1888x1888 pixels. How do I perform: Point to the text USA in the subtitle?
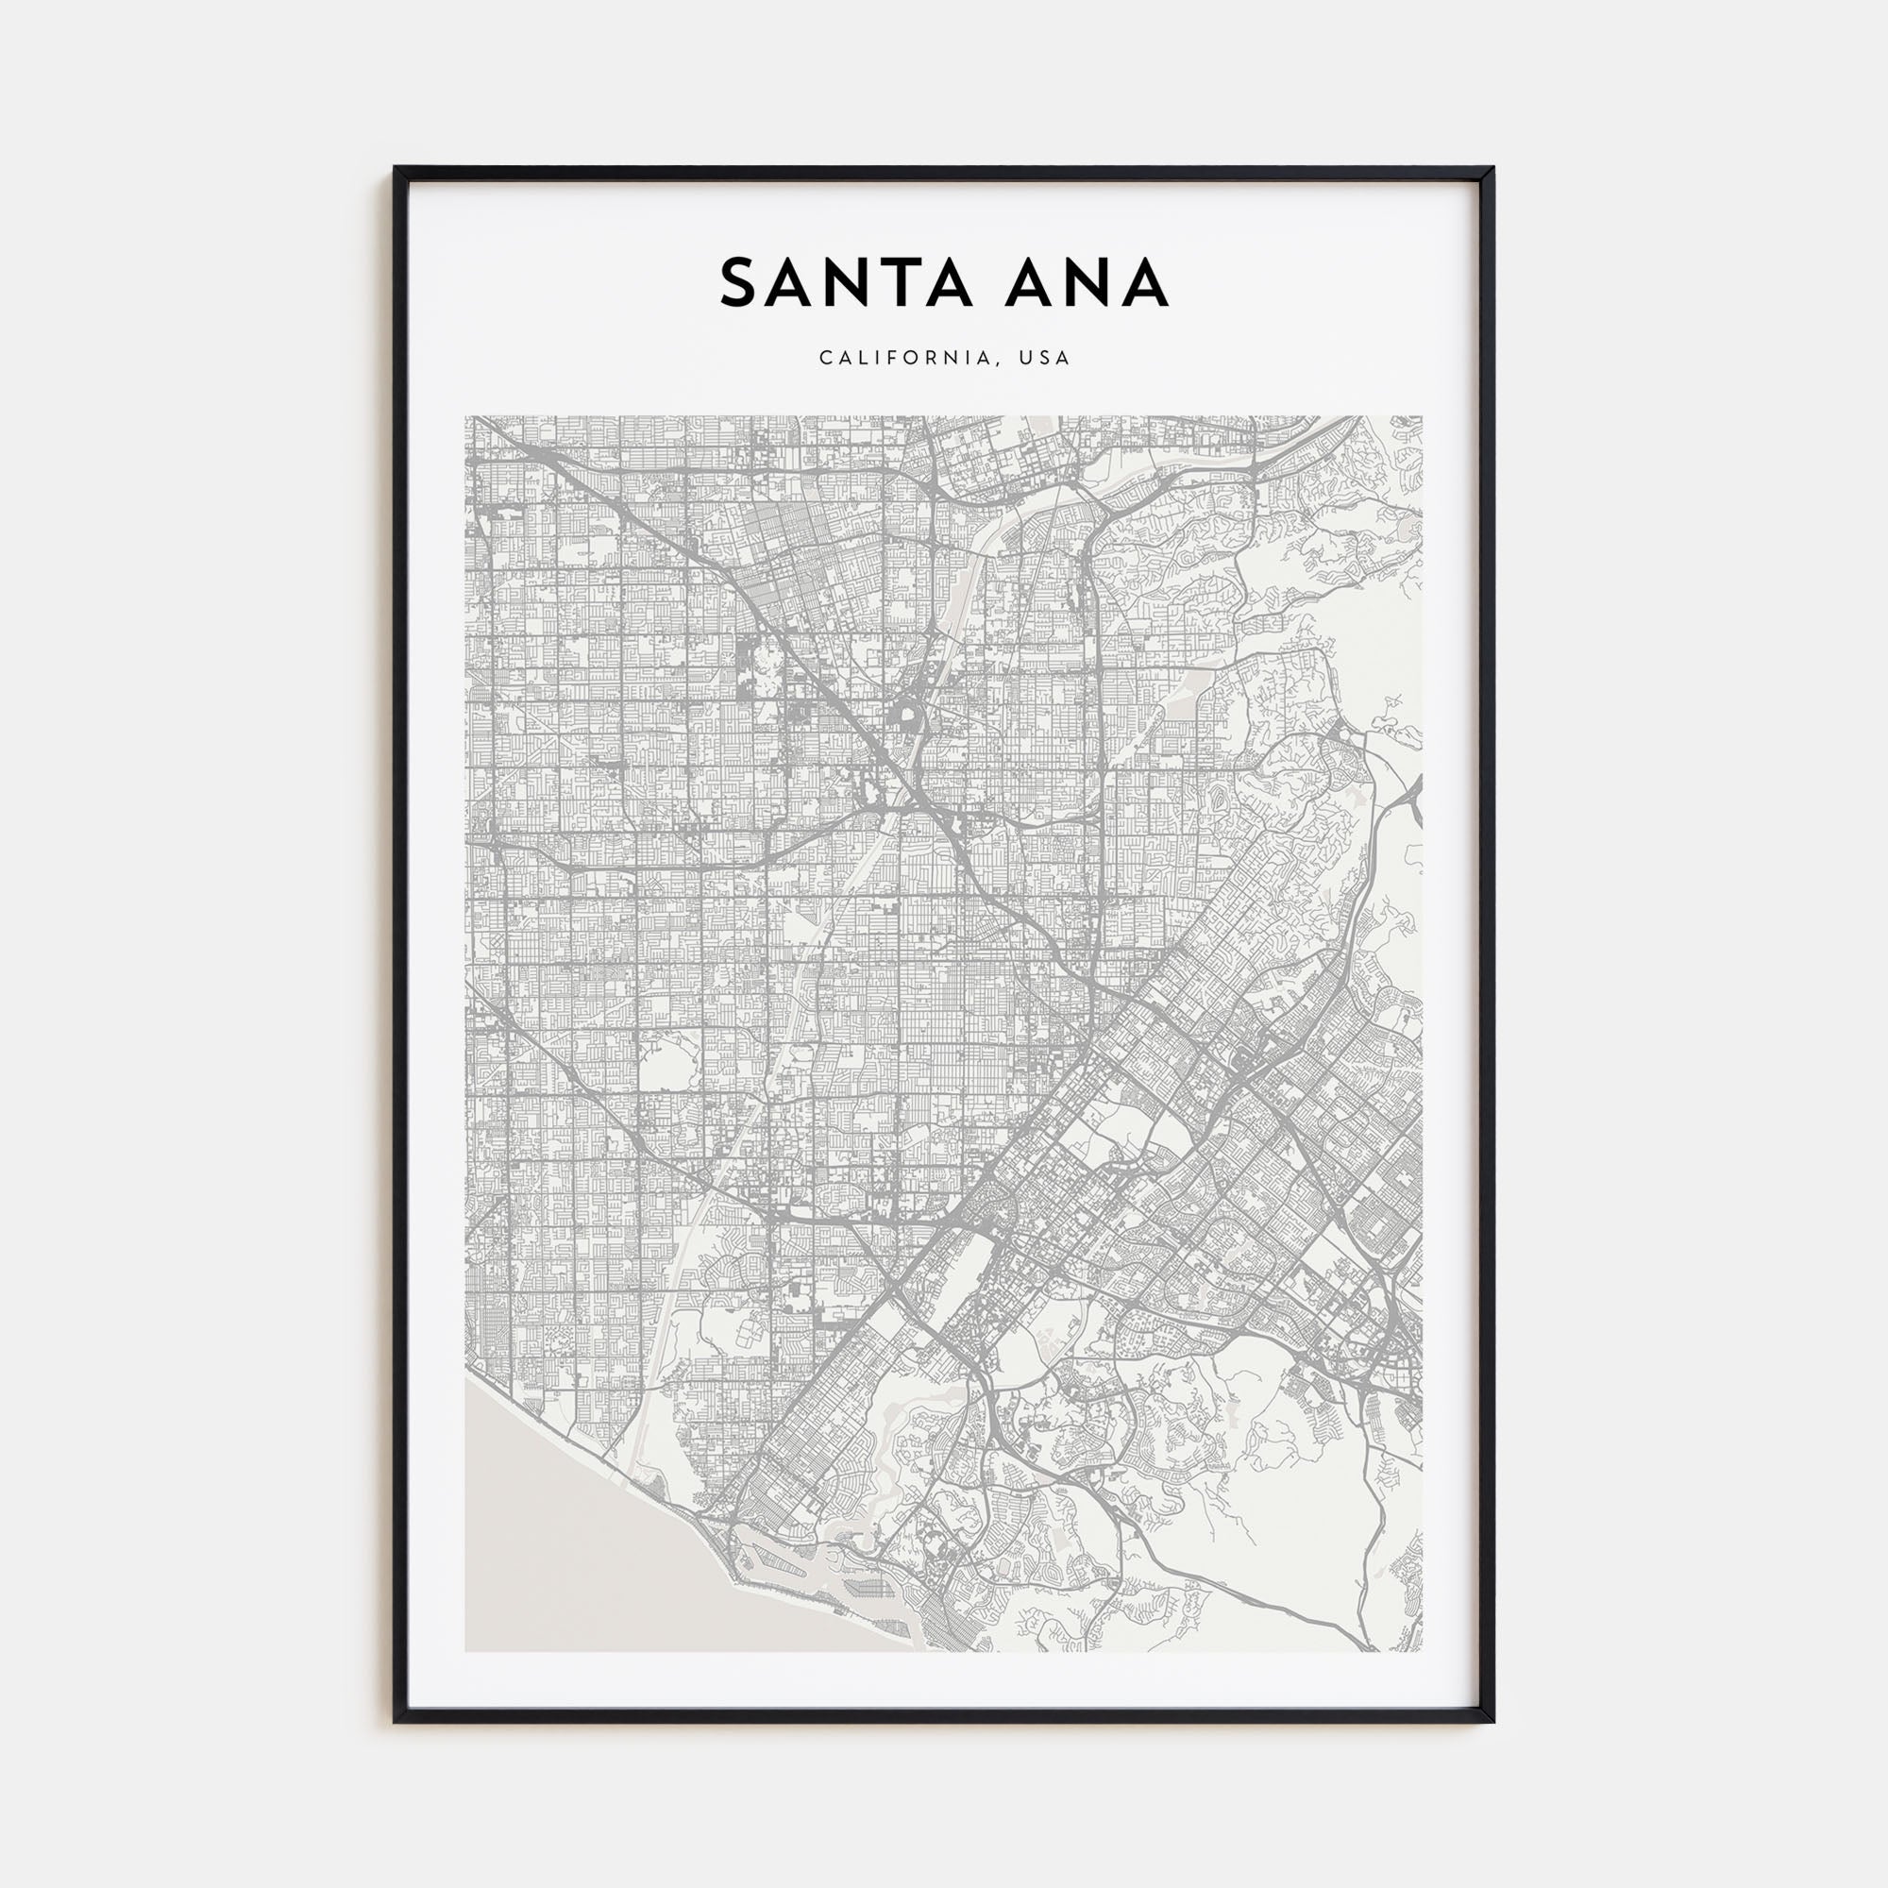pyautogui.click(x=1045, y=358)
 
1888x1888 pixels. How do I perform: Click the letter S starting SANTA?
pyautogui.click(x=741, y=283)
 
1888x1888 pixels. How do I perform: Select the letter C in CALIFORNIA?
pyautogui.click(x=826, y=358)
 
